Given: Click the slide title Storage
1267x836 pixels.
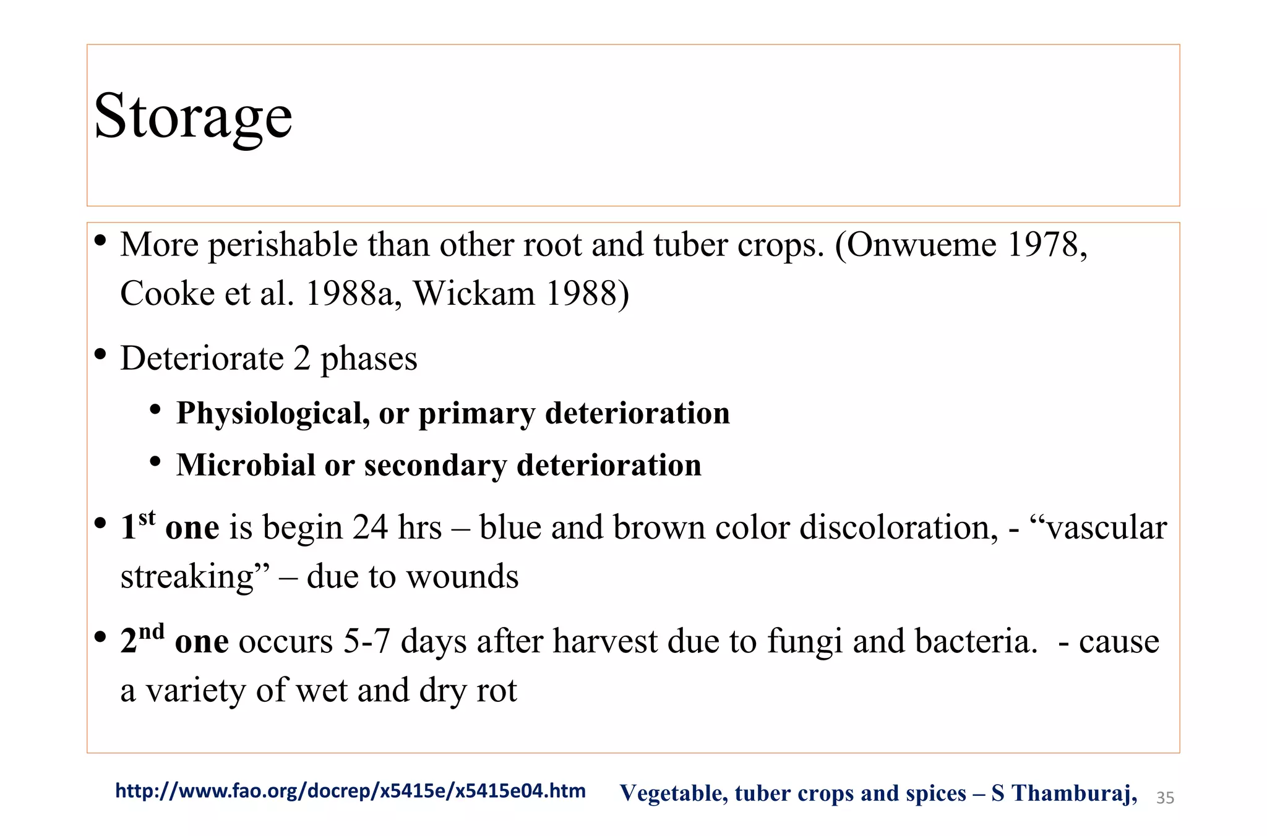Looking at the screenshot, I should pos(192,116).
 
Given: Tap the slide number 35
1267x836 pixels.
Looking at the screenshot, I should pos(1164,798).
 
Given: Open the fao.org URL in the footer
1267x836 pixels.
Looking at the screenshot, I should pos(350,791).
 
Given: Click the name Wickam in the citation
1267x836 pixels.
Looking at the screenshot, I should pos(474,293).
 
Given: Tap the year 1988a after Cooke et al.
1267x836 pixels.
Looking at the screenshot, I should pos(349,293).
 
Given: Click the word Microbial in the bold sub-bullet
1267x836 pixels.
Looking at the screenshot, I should pos(246,465).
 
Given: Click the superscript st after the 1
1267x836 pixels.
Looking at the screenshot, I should pos(147,517).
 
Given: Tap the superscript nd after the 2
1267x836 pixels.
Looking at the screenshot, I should pos(151,631).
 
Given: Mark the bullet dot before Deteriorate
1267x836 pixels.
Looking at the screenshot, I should pos(100,356).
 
